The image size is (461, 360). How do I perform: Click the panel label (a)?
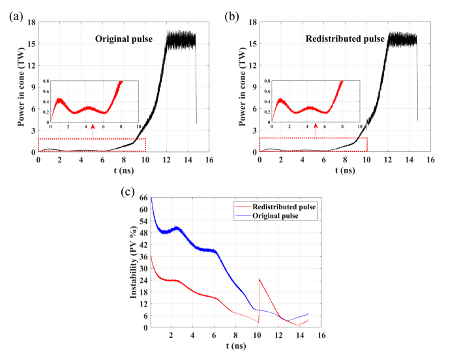click(15, 18)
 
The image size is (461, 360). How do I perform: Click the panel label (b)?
click(231, 18)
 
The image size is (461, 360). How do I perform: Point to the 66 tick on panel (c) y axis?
click(143, 198)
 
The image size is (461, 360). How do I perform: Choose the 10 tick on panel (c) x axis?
click(257, 335)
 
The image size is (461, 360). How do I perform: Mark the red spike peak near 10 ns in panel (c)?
click(259, 278)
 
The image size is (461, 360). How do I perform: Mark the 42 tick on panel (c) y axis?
click(143, 245)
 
